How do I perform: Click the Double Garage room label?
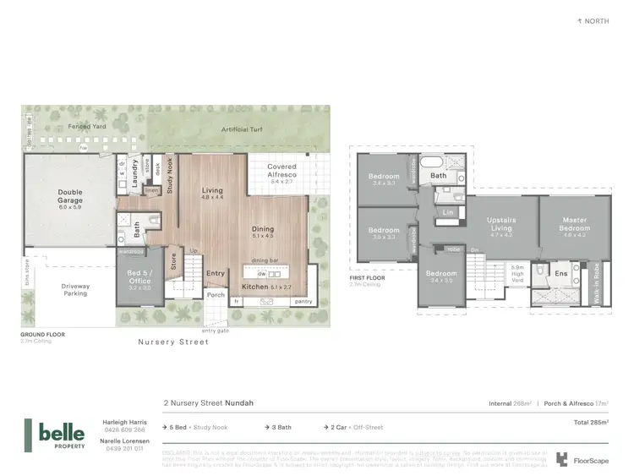[70, 198]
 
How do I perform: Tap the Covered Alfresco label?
[281, 172]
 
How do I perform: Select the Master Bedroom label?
[574, 226]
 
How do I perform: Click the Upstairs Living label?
[501, 225]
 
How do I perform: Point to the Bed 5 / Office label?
[139, 278]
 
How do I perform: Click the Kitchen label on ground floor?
[254, 287]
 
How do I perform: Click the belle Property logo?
[56, 433]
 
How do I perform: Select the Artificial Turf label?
[240, 129]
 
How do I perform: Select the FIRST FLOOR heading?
[368, 277]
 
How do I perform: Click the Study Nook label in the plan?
[169, 176]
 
